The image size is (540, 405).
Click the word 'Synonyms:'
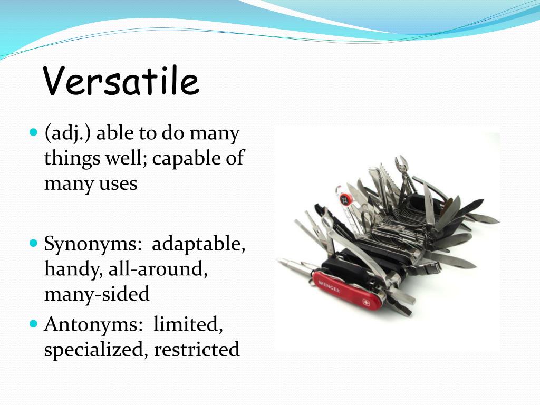pos(92,245)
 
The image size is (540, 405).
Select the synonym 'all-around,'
pos(158,269)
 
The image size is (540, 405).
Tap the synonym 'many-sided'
pos(97,294)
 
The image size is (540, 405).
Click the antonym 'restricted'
pos(197,349)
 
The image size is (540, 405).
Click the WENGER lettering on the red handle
pos(330,287)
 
